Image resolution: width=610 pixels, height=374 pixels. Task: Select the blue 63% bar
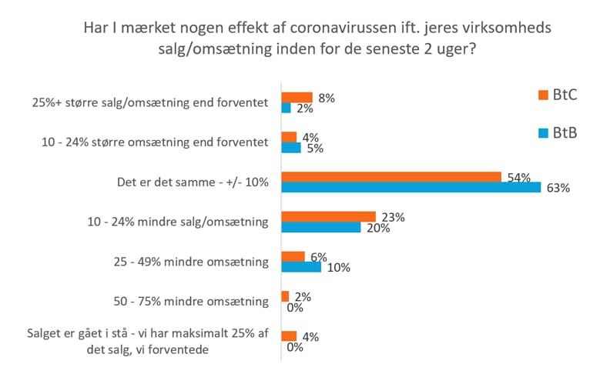pyautogui.click(x=411, y=188)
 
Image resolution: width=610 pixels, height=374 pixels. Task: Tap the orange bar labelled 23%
pyautogui.click(x=328, y=217)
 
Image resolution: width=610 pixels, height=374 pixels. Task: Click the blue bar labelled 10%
pyautogui.click(x=301, y=267)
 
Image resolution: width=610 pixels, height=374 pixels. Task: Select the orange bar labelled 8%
pyautogui.click(x=297, y=98)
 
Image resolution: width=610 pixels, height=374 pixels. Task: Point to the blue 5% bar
pyautogui.click(x=291, y=149)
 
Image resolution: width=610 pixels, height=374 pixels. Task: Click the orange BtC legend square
pyautogui.click(x=541, y=95)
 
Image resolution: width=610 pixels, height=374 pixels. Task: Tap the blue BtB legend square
pyautogui.click(x=541, y=134)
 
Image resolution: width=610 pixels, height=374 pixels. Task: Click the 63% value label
pyautogui.click(x=557, y=189)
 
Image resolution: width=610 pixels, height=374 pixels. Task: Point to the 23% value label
pyautogui.click(x=392, y=217)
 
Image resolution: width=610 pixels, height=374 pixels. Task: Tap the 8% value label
pyautogui.click(x=327, y=98)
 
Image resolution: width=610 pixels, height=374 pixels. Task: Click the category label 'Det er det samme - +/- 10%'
pyautogui.click(x=191, y=182)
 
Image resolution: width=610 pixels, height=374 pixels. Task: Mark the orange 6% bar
pyautogui.click(x=293, y=256)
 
